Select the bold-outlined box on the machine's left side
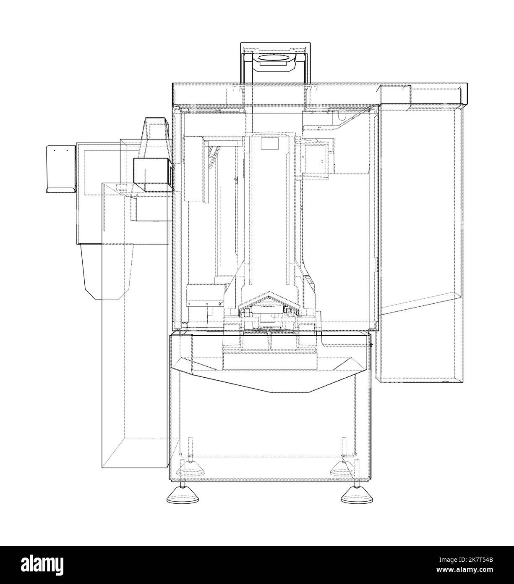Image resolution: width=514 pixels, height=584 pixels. pyautogui.click(x=152, y=171)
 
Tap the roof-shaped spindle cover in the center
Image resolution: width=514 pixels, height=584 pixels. pyautogui.click(x=269, y=299)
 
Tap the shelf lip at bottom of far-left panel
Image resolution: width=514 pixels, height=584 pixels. pyautogui.click(x=61, y=190)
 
